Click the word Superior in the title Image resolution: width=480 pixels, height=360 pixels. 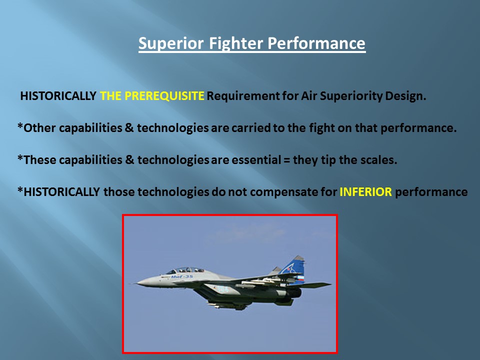click(171, 43)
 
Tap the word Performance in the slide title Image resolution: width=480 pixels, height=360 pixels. click(316, 43)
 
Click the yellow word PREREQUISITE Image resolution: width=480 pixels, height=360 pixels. click(164, 96)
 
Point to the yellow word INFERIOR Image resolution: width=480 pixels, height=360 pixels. click(366, 192)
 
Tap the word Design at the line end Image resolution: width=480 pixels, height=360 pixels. click(405, 96)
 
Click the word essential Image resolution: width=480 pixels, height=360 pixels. click(256, 160)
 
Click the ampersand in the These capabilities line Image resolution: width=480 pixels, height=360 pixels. click(129, 160)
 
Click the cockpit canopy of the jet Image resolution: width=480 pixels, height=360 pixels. click(185, 270)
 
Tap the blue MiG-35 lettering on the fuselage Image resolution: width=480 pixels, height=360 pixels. click(182, 276)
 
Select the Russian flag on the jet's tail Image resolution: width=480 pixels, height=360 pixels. click(301, 278)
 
